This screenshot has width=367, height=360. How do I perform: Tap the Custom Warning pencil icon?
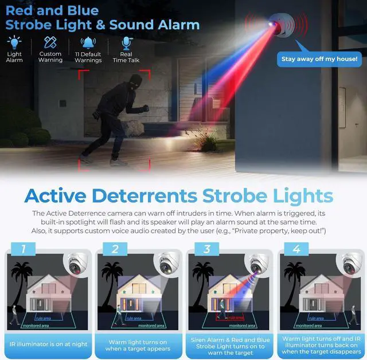50,42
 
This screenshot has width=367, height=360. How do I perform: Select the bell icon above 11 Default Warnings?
88,42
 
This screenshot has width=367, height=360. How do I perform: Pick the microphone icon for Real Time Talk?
126,42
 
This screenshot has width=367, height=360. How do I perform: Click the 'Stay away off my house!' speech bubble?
319,58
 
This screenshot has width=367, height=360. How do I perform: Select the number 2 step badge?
115,249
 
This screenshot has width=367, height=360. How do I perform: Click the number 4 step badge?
296,249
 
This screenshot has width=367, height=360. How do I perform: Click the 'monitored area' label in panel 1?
36,325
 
